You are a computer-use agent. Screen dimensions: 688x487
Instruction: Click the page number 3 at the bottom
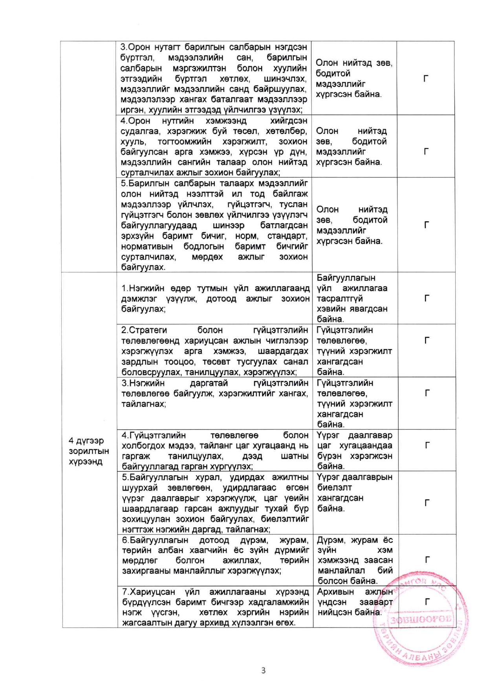[x=263, y=670]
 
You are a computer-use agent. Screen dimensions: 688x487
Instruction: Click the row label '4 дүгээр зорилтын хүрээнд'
[x=88, y=451]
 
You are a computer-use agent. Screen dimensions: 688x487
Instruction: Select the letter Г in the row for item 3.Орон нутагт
[x=426, y=78]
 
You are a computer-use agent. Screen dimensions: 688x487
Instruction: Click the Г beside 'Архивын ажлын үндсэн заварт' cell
[x=427, y=601]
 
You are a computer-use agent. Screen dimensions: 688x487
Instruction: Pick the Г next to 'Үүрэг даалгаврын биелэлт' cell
[x=427, y=502]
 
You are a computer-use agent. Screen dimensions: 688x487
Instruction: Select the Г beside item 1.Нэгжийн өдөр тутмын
[x=427, y=298]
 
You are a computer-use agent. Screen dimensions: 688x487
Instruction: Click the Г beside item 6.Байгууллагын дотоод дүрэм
[x=427, y=560]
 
